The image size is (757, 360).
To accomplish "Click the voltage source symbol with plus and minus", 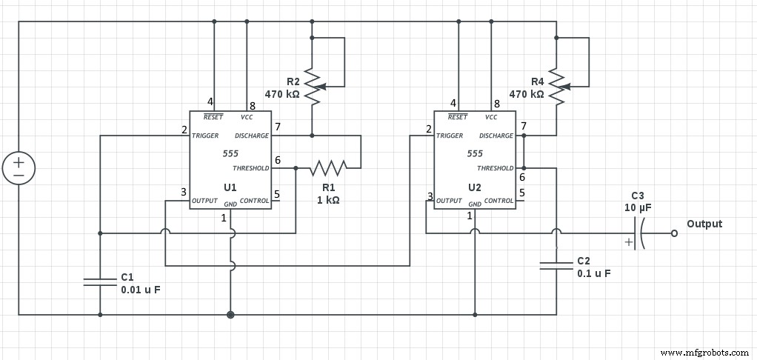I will tap(19, 168).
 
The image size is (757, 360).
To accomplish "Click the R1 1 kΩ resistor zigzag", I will tap(328, 168).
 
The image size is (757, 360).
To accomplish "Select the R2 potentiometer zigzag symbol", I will tap(312, 87).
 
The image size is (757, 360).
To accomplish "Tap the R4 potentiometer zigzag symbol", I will tap(556, 87).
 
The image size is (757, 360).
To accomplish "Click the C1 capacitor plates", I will tap(100, 281).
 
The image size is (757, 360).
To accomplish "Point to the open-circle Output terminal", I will tap(673, 233).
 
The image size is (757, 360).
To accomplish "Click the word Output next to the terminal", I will tap(704, 224).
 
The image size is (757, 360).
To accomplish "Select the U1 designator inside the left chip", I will tap(230, 187).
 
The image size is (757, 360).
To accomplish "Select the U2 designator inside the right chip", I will tap(474, 187).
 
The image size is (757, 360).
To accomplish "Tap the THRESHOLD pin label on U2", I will tap(495, 168).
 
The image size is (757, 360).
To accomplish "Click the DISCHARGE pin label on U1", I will tap(251, 136).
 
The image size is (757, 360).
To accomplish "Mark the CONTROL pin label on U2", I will tap(499, 201).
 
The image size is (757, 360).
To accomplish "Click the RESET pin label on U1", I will tap(213, 117).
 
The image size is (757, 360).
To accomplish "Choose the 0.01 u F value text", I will tap(141, 290).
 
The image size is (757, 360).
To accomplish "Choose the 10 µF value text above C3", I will tap(638, 209).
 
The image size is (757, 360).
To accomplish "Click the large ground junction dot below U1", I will tap(230, 315).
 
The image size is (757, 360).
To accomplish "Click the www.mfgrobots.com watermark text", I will tap(704, 353).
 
